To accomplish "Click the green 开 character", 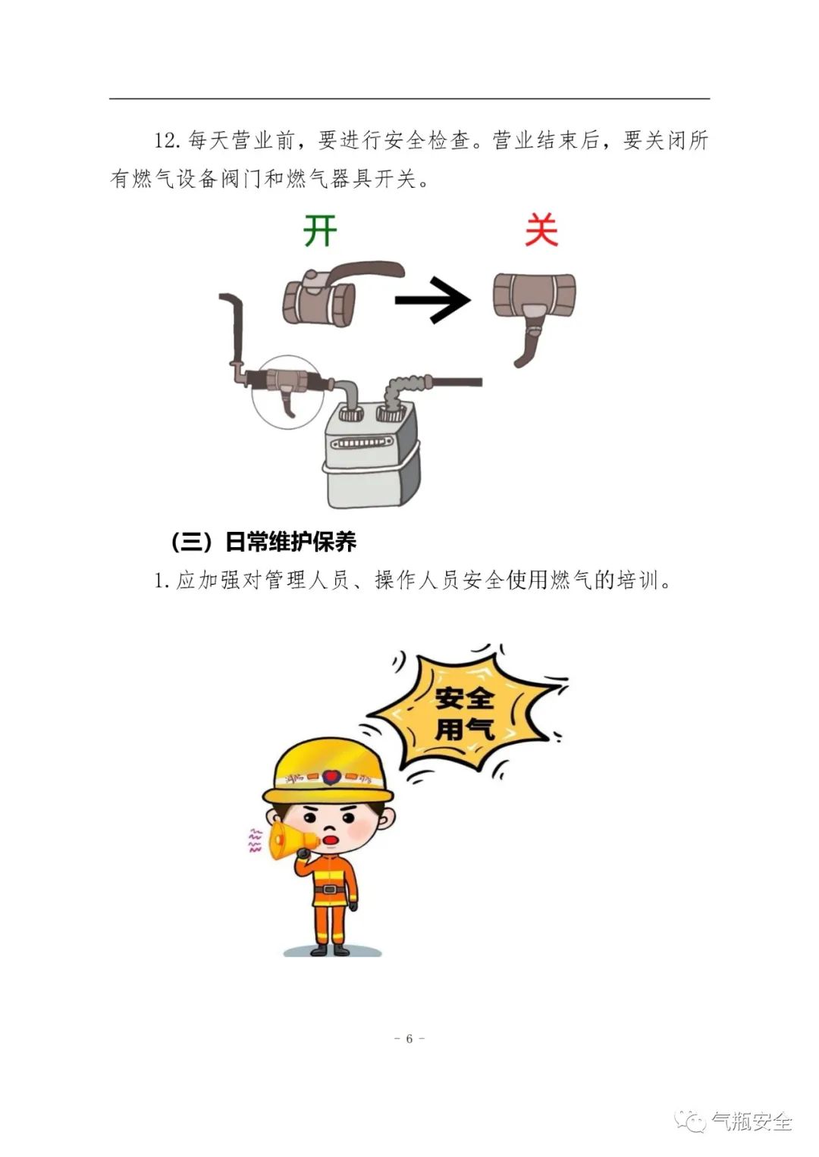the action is click(320, 230).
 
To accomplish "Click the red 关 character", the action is click(541, 230).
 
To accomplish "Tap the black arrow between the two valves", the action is click(433, 300).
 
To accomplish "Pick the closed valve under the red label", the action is click(534, 310).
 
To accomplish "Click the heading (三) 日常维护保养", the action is click(264, 542).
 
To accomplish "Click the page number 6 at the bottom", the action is click(409, 1039).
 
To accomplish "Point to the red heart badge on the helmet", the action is click(329, 777).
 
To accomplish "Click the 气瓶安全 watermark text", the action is click(752, 1121).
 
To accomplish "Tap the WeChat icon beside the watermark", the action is click(691, 1120).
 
